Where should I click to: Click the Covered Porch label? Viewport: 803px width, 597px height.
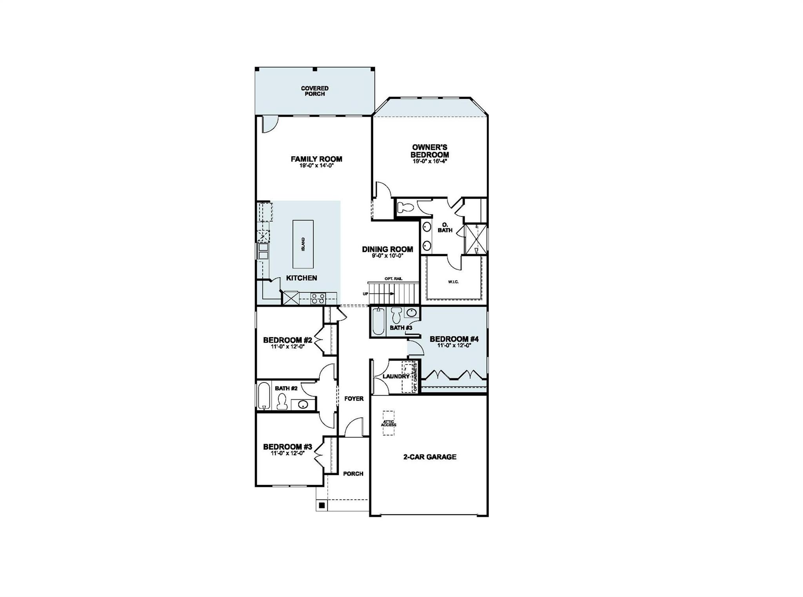pyautogui.click(x=314, y=91)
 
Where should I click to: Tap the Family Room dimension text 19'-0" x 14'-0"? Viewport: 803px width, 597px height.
pyautogui.click(x=316, y=166)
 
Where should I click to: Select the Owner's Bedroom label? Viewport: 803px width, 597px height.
pyautogui.click(x=429, y=151)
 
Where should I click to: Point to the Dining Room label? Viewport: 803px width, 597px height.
pyautogui.click(x=387, y=249)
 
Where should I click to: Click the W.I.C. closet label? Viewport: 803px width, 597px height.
pyautogui.click(x=453, y=282)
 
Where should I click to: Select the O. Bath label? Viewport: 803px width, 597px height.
pyautogui.click(x=445, y=227)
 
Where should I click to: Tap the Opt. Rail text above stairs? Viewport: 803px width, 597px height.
pyautogui.click(x=393, y=279)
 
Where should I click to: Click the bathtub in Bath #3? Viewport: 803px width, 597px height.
pyautogui.click(x=378, y=322)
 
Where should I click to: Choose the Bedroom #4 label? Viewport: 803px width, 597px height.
pyautogui.click(x=454, y=339)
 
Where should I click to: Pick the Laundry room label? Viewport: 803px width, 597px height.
pyautogui.click(x=396, y=376)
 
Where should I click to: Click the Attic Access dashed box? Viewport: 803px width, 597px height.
pyautogui.click(x=388, y=423)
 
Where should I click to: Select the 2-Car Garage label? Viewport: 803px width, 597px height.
pyautogui.click(x=430, y=457)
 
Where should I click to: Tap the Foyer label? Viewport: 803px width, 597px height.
pyautogui.click(x=354, y=399)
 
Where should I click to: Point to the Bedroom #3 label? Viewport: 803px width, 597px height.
pyautogui.click(x=287, y=447)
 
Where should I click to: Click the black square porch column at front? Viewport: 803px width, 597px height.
pyautogui.click(x=322, y=506)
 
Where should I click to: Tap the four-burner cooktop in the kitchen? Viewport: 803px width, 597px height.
pyautogui.click(x=318, y=298)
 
